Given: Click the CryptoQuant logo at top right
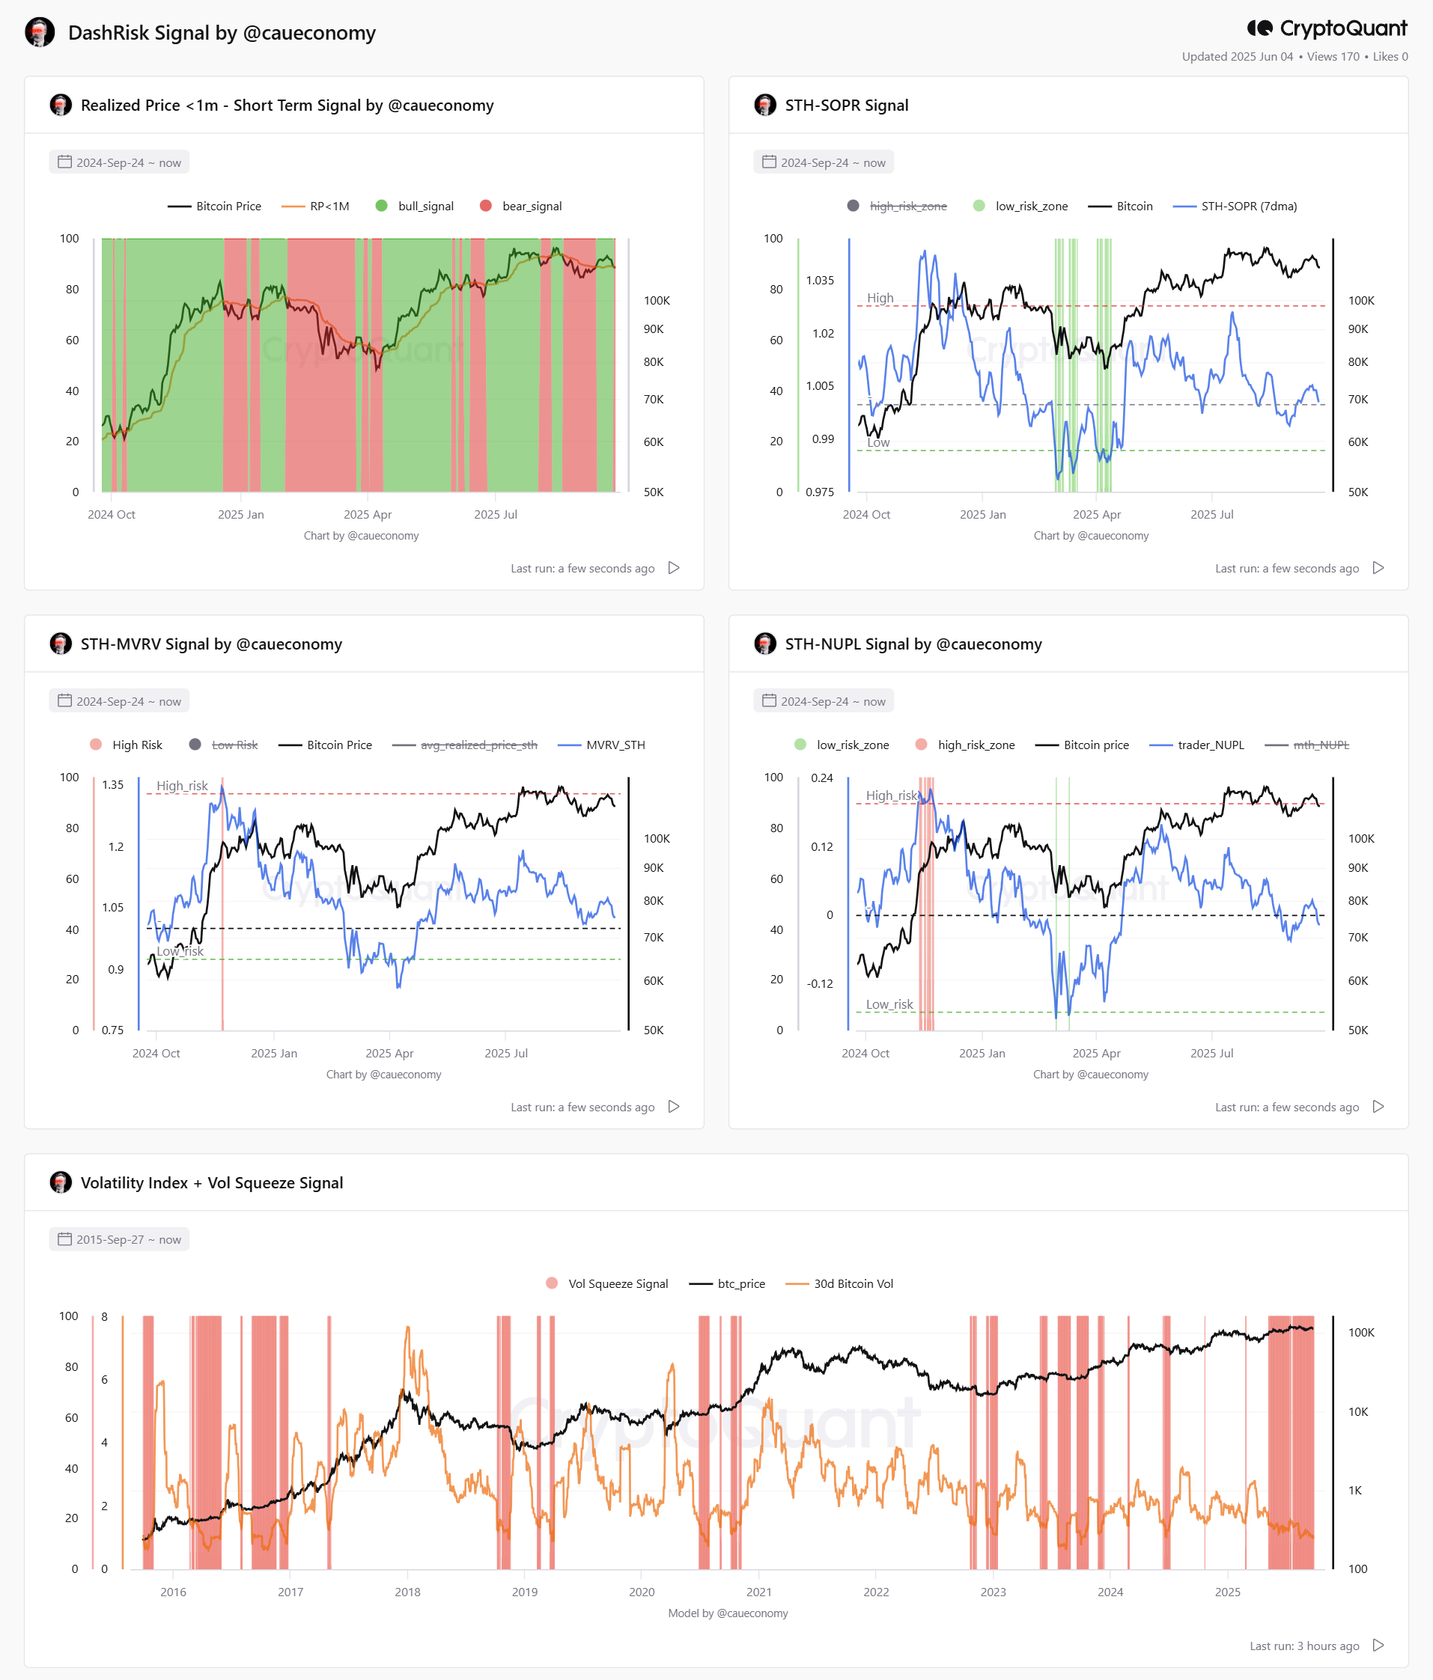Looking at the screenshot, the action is coord(1327,28).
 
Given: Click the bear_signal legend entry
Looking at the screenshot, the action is coord(520,206).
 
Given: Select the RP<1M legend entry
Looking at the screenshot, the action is coord(315,206).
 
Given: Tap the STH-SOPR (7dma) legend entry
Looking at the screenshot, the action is coord(1235,206).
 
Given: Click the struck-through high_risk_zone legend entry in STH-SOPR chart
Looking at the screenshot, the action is coord(897,206).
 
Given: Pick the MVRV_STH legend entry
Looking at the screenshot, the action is coord(602,745).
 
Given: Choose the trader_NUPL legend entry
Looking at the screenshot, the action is coord(1197,745).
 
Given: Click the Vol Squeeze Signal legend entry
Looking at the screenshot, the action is coord(607,1283).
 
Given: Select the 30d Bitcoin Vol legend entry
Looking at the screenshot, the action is coord(839,1283).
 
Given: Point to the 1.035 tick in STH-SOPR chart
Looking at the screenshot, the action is coord(820,281).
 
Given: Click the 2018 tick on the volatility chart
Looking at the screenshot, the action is coord(407,1592).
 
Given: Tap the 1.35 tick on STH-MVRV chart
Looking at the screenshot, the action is coord(113,785).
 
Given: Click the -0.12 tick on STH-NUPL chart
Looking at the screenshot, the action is coord(820,983).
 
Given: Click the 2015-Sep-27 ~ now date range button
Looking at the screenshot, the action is coord(119,1240).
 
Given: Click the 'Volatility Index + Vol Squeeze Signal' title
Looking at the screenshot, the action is coord(212,1183).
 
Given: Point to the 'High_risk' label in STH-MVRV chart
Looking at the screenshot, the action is coord(183,786).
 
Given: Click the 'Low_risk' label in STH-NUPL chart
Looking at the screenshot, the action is coord(889,1004).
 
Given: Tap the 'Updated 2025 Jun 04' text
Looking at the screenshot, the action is coord(1238,57).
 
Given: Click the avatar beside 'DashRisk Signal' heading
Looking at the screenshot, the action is coord(40,32).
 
